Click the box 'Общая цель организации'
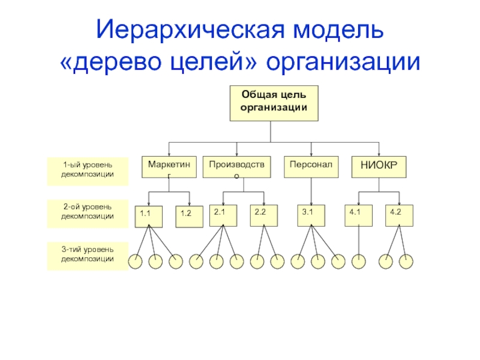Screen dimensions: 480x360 click(x=274, y=103)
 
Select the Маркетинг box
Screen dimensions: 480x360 click(x=169, y=167)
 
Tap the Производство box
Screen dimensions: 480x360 click(x=236, y=167)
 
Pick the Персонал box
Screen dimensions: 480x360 click(x=311, y=167)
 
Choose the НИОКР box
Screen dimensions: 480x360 click(x=379, y=167)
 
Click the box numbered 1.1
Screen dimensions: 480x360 click(x=149, y=217)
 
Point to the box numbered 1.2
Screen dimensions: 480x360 click(x=189, y=217)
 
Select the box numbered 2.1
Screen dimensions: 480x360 click(x=223, y=215)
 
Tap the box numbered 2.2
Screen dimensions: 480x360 click(x=264, y=215)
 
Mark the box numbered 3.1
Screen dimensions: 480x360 click(x=311, y=215)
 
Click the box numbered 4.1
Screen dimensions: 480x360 click(x=358, y=215)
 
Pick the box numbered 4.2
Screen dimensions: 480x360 click(x=399, y=215)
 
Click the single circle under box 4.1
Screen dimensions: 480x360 click(x=358, y=262)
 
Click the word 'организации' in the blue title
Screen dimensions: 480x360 click(x=343, y=62)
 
